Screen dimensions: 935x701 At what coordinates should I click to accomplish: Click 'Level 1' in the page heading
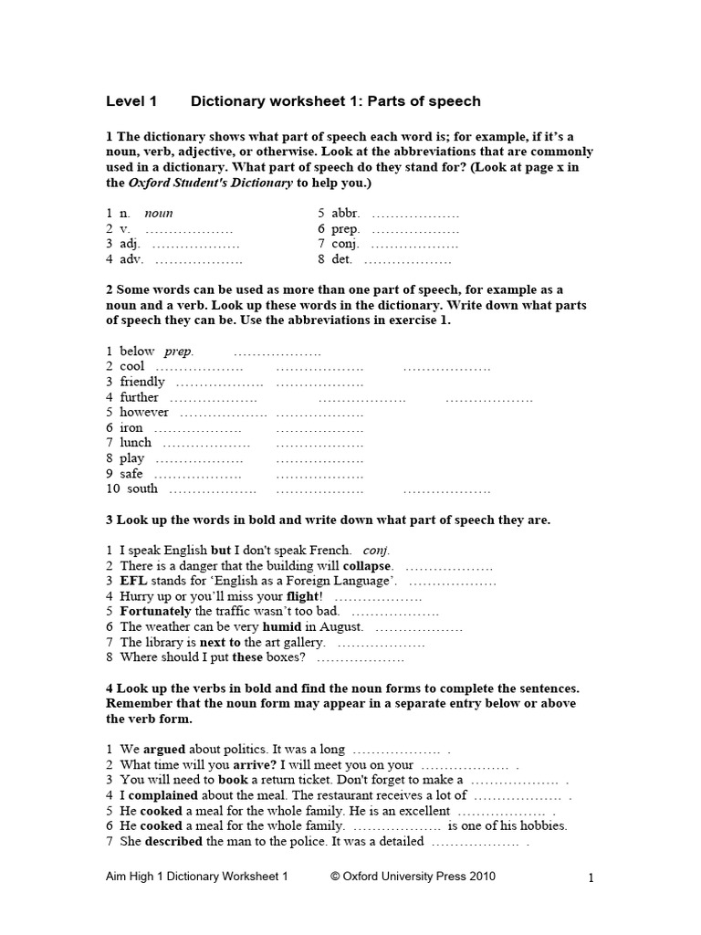click(x=131, y=101)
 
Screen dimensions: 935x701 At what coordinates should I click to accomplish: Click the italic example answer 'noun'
click(x=159, y=214)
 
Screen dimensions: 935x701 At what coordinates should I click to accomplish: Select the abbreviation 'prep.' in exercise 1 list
click(x=345, y=229)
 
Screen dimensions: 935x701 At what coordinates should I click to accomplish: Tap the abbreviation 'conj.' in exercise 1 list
click(x=345, y=245)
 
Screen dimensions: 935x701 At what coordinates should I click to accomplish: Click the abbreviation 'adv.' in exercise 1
click(x=132, y=260)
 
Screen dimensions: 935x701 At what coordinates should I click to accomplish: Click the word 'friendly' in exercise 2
click(x=142, y=382)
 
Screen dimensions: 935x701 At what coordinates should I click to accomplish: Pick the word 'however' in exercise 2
click(x=144, y=412)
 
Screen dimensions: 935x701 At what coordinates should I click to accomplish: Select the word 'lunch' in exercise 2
click(x=136, y=443)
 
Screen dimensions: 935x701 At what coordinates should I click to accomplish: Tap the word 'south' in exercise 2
click(x=142, y=489)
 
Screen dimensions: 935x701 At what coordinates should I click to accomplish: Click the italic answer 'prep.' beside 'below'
click(x=179, y=352)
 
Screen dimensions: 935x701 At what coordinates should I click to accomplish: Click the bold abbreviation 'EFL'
click(x=133, y=581)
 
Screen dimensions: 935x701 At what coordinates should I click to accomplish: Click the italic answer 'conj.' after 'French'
click(x=376, y=551)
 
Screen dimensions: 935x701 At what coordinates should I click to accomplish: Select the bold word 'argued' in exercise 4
click(x=164, y=750)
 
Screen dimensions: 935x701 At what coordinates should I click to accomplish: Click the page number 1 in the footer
click(x=591, y=878)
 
